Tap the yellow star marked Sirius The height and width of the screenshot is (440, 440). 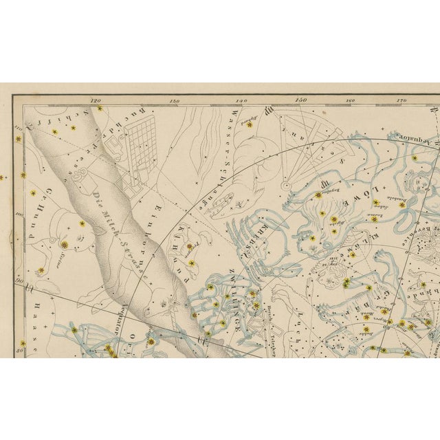pyautogui.click(x=65, y=245)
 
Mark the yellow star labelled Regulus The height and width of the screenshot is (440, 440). pyautogui.click(x=318, y=195)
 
